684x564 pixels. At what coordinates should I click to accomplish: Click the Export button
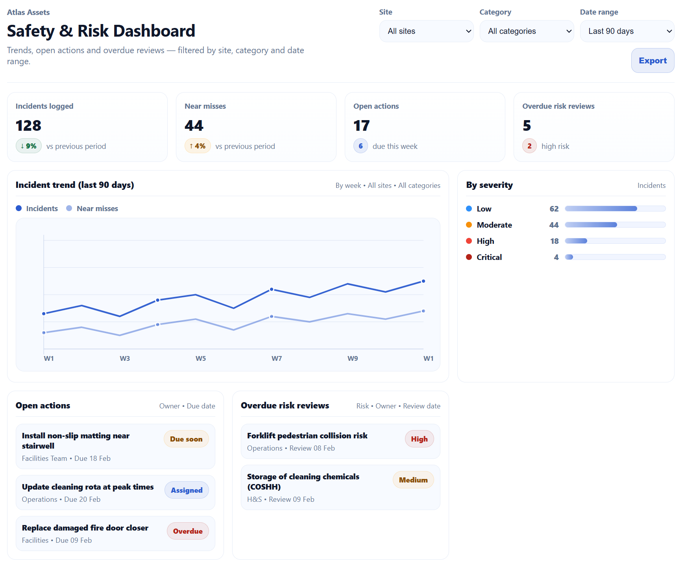(x=652, y=61)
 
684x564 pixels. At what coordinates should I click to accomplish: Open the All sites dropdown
(x=426, y=31)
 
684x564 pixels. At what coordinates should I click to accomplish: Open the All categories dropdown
(x=527, y=31)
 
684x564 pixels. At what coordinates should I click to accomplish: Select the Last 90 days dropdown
(x=627, y=31)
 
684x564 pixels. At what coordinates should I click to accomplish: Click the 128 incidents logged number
(x=28, y=126)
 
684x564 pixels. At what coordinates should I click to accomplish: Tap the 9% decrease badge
(x=29, y=146)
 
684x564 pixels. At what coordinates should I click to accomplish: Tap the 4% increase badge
(x=198, y=146)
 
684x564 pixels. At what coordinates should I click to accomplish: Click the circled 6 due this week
(x=360, y=146)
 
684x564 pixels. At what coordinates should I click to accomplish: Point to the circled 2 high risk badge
(x=529, y=146)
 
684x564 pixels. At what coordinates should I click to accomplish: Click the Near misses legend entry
(x=92, y=208)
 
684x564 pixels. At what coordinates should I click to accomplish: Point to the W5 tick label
(x=201, y=358)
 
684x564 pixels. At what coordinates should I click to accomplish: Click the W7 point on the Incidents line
(x=272, y=289)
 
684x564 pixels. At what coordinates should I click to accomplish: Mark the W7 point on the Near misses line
(x=272, y=317)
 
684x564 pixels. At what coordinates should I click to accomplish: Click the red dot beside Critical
(x=469, y=257)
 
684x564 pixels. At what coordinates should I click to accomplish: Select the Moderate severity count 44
(x=554, y=225)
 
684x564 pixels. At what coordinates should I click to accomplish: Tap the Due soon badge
(x=186, y=439)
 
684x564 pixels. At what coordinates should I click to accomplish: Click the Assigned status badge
(x=187, y=490)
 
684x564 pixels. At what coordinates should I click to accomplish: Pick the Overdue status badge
(x=188, y=531)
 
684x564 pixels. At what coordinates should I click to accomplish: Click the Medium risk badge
(x=413, y=480)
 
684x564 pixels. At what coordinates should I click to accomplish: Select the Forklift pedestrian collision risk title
(x=307, y=436)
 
